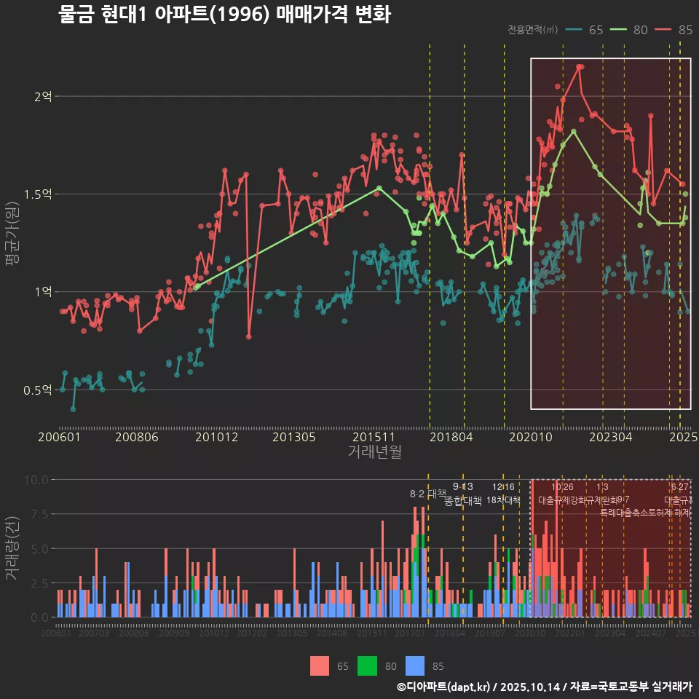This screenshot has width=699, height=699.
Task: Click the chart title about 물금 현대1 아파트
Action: pyautogui.click(x=224, y=15)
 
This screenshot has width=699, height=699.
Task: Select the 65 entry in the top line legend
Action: pyautogui.click(x=586, y=30)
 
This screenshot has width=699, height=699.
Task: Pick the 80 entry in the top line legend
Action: pyautogui.click(x=631, y=30)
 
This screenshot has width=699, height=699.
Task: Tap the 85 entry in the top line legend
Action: pyautogui.click(x=675, y=30)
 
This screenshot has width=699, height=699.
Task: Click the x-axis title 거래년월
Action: pyautogui.click(x=374, y=452)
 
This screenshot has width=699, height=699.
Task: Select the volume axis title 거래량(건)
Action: pyautogui.click(x=12, y=548)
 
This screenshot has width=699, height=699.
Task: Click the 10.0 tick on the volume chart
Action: pyautogui.click(x=36, y=480)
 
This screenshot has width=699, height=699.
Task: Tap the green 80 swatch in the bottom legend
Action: pyautogui.click(x=368, y=666)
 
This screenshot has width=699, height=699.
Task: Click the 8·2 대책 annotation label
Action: pyautogui.click(x=428, y=494)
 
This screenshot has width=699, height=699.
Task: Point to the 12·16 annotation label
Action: pyautogui.click(x=503, y=487)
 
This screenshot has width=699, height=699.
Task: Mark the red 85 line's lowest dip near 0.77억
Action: pyautogui.click(x=249, y=336)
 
